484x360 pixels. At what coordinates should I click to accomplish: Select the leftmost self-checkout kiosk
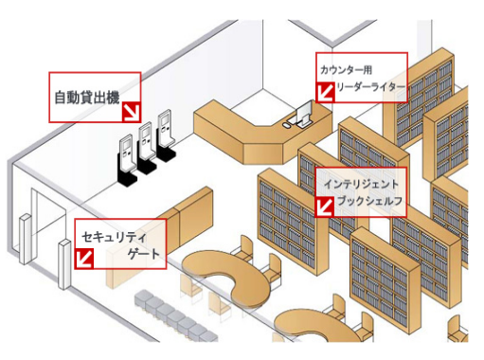(x=125, y=156)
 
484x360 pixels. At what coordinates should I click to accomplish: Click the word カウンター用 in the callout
(x=347, y=69)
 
